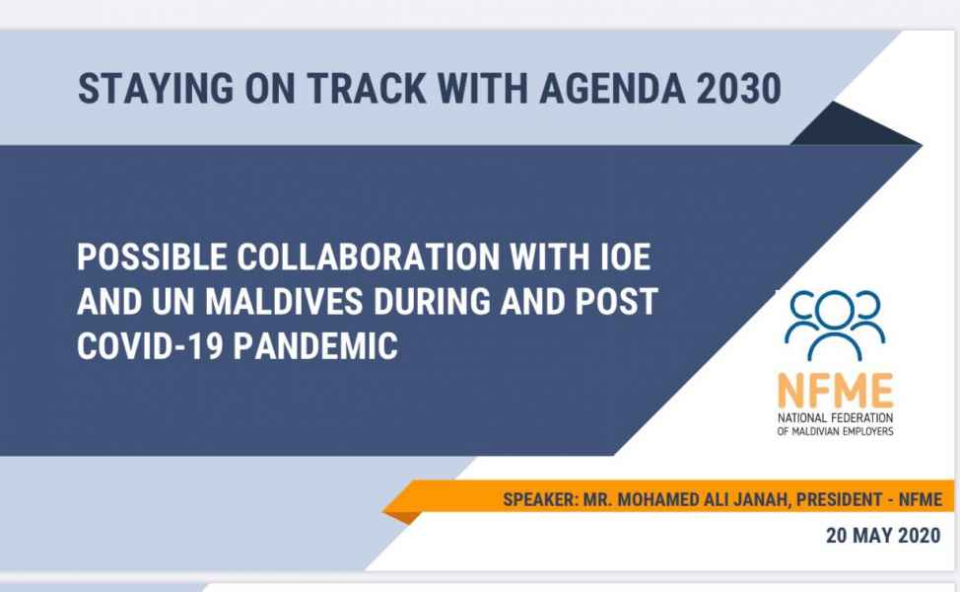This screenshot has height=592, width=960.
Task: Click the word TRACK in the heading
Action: [x=366, y=89]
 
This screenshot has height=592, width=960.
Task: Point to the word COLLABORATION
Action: [x=369, y=257]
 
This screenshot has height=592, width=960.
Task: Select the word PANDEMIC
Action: [x=316, y=345]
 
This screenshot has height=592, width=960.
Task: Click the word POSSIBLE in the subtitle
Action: [x=153, y=257]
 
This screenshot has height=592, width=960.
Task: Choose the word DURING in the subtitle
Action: [x=433, y=302]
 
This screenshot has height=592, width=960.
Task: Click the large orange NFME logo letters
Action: [x=835, y=391]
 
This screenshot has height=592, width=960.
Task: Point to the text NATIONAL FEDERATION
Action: [x=835, y=418]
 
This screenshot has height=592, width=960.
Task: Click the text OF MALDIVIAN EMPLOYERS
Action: [x=835, y=431]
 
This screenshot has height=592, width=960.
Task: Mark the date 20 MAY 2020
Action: [x=883, y=536]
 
